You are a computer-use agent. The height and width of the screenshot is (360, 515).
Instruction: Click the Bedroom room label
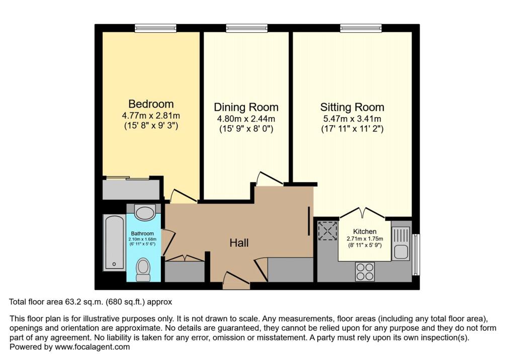coord(151,104)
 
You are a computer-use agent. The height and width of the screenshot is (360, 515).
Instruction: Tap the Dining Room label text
coord(246,107)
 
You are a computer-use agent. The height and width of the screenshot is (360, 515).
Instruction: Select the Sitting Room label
coord(352,107)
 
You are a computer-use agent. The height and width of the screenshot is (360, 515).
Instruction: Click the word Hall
coord(239,243)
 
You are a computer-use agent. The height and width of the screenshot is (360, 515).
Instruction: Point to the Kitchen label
coord(365,231)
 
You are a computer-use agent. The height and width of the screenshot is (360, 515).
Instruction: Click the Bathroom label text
coord(143,233)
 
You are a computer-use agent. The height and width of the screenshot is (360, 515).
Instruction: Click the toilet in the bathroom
coord(143,269)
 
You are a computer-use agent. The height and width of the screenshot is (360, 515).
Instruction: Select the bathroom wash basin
coord(145,212)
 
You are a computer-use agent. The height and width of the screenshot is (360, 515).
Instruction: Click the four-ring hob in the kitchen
coord(365,272)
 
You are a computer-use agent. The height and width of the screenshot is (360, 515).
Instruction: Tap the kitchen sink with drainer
coord(401,243)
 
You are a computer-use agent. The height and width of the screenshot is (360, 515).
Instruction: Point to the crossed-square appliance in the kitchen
coord(327,231)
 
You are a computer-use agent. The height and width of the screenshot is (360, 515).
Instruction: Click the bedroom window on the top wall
coord(155,29)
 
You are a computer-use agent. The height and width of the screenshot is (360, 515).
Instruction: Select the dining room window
coord(246,29)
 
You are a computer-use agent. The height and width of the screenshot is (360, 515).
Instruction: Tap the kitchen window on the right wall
coord(415,254)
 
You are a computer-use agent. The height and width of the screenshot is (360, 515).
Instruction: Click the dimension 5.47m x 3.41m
coord(352,119)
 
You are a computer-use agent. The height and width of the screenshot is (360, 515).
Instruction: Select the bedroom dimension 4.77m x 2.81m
coord(151,116)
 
